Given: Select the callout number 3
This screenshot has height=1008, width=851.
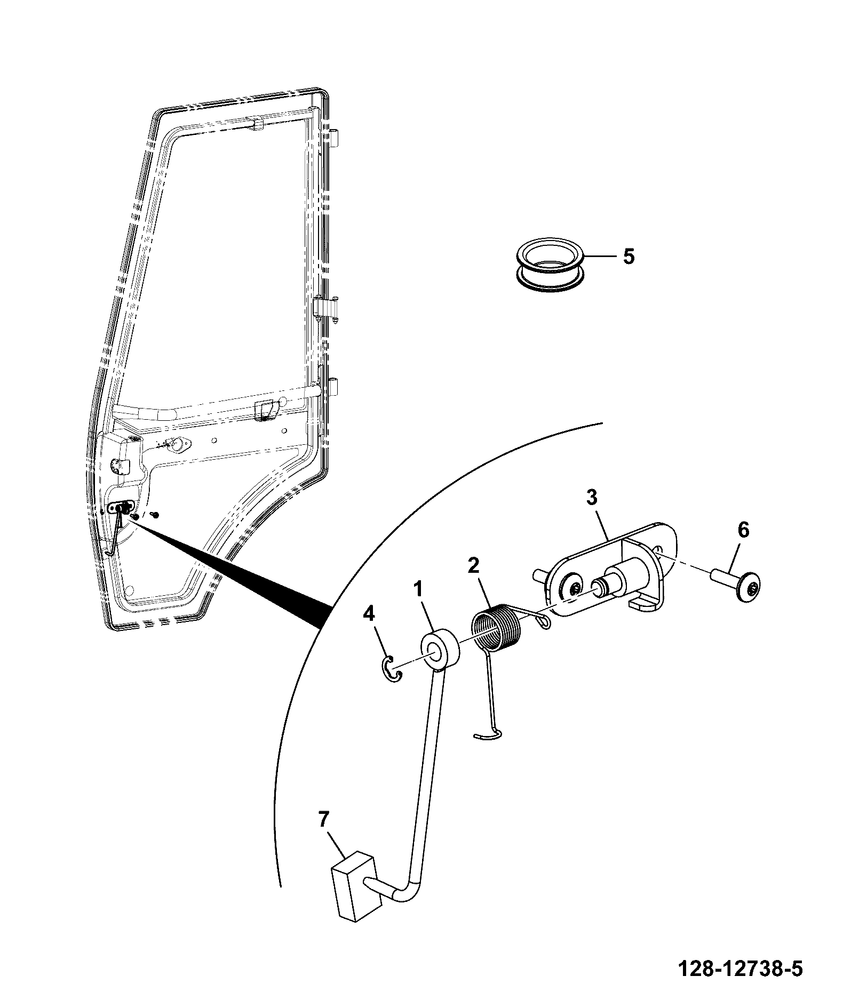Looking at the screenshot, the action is coord(592,498).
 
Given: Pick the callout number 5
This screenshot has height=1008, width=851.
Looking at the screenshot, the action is coord(629,257).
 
